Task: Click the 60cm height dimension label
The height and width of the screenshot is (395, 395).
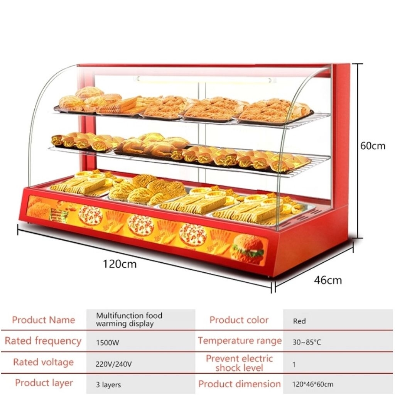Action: click(373, 146)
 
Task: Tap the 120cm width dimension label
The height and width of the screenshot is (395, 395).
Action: click(120, 264)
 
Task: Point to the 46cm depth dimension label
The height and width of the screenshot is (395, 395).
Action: click(327, 280)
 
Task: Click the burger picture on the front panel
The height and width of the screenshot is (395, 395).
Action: click(247, 249)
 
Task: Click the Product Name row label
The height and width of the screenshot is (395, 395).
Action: click(43, 320)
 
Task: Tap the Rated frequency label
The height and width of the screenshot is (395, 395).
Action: click(43, 341)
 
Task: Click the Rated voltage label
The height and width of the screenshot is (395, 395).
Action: click(43, 362)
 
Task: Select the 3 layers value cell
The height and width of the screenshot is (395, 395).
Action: click(108, 385)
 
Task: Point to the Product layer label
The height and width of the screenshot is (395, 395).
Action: click(44, 383)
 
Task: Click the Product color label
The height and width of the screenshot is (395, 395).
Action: click(239, 320)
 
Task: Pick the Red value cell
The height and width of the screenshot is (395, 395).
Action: click(299, 321)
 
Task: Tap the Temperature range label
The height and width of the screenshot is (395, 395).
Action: click(240, 341)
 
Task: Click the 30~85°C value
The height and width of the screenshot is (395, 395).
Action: click(307, 342)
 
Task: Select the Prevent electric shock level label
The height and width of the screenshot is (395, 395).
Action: click(239, 363)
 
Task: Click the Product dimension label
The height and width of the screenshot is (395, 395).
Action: click(240, 384)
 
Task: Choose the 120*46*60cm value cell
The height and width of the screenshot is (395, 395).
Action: click(313, 384)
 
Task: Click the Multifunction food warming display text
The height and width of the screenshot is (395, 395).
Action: click(129, 320)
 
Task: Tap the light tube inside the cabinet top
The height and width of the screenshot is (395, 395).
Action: click(204, 79)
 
